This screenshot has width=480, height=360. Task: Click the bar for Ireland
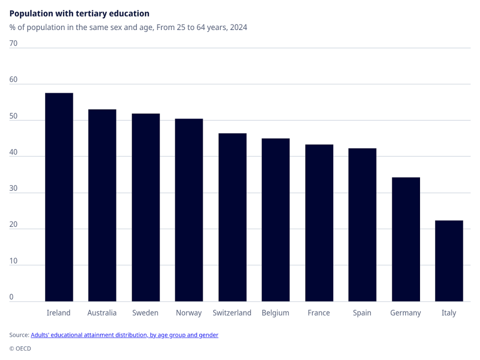59,197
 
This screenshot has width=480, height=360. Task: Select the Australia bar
102,205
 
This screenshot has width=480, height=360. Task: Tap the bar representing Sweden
146,208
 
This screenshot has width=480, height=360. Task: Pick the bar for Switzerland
232,217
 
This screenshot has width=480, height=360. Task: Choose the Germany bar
406,240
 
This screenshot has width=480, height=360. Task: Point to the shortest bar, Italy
449,261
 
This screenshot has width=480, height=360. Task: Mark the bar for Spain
362,225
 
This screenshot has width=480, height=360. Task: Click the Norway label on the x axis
189,313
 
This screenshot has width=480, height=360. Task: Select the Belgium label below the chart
276,313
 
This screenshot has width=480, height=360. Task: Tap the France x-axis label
319,313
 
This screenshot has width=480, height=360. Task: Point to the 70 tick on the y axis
14,44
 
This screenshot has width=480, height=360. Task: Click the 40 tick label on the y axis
14,152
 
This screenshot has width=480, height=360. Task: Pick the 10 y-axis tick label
14,261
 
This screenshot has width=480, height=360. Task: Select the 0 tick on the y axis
11,297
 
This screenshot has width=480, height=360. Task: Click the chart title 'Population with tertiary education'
79,14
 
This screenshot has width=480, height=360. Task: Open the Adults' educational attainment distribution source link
125,335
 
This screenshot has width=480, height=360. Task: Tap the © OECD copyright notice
20,348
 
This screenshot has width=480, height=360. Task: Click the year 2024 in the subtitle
239,27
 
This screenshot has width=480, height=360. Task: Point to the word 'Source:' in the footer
19,335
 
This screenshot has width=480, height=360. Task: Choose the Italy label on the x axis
449,313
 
